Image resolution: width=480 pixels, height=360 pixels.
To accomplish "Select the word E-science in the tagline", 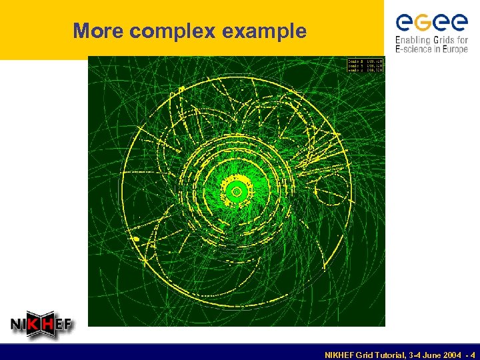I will [x=414, y=49].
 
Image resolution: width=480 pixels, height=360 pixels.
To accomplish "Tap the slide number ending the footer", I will [x=473, y=354].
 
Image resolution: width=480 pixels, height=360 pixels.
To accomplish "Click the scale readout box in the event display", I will [x=365, y=65].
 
